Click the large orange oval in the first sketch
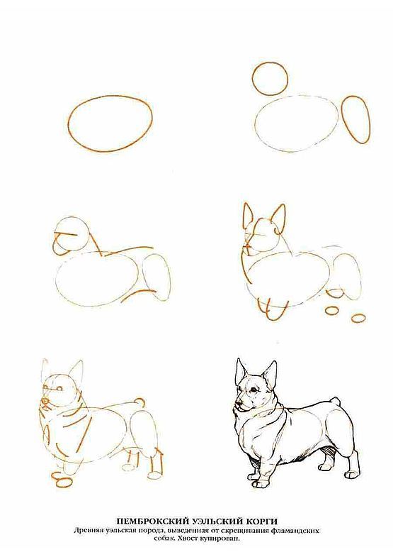(69, 124)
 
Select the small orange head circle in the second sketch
(253, 79)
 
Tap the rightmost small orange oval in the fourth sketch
(358, 317)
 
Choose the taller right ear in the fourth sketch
(280, 216)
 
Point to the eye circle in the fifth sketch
(60, 388)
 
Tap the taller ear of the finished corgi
(269, 377)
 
